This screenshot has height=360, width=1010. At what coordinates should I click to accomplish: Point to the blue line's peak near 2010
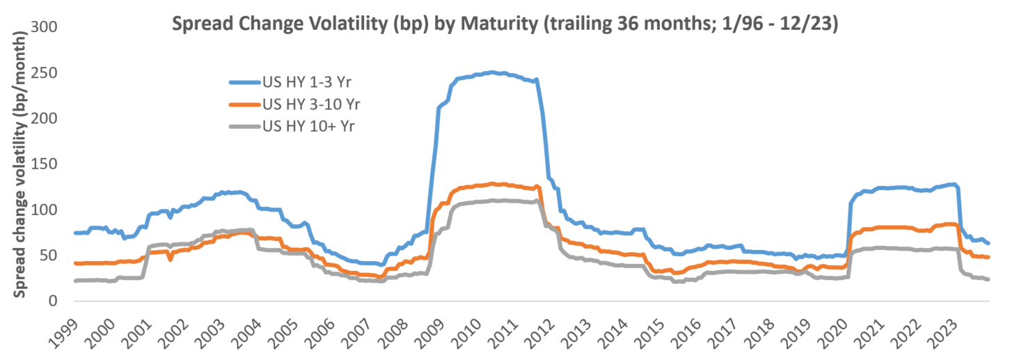pos(491,72)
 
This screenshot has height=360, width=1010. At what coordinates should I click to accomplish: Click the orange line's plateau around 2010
pos(491,185)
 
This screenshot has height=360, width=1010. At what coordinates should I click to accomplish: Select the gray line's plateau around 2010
pos(491,201)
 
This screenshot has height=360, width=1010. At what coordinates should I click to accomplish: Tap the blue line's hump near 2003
pos(230,192)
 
